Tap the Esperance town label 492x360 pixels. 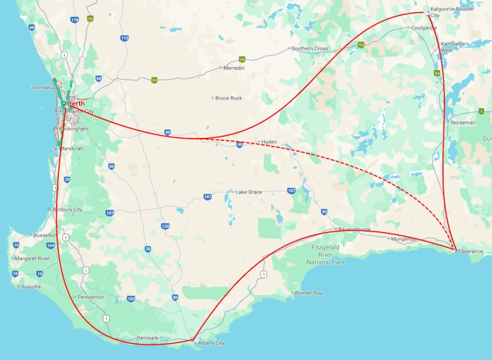point(471,251)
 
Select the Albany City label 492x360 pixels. point(210,343)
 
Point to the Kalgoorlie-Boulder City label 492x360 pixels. point(452,12)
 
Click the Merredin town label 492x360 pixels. point(234,68)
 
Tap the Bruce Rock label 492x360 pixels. point(228,98)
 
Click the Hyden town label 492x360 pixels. point(268,141)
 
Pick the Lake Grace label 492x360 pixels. point(249,192)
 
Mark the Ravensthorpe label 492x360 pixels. point(355,229)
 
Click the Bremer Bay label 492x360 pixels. point(308,293)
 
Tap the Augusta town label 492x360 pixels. point(31,286)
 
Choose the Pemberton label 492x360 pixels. point(91,297)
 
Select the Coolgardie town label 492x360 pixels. point(423,28)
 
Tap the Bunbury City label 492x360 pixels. point(68,210)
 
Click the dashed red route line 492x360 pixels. point(328,162)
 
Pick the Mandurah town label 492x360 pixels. point(71,148)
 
